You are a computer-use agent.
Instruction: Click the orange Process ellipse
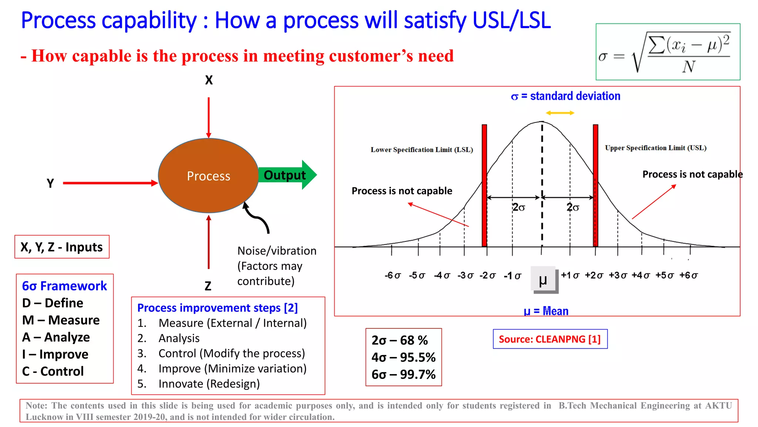click(x=208, y=175)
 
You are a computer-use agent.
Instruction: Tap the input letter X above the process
click(x=209, y=80)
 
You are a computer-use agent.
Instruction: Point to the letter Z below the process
click(x=208, y=286)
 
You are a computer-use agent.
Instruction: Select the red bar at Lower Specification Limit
click(x=484, y=185)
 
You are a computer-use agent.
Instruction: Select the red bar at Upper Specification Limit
click(x=596, y=185)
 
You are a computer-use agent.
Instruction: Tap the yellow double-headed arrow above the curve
click(x=560, y=113)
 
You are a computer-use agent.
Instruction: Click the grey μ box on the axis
click(x=544, y=279)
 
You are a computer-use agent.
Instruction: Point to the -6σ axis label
click(x=392, y=275)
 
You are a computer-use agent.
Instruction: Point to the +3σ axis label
click(x=618, y=275)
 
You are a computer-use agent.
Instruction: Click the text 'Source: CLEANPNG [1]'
click(x=550, y=339)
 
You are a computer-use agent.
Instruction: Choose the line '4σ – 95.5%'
click(x=403, y=357)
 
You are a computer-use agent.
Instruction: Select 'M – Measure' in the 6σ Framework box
click(x=61, y=320)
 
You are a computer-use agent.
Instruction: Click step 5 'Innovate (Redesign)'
click(x=209, y=384)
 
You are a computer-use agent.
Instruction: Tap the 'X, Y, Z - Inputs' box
click(x=62, y=247)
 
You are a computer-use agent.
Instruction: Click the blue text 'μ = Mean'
click(x=546, y=311)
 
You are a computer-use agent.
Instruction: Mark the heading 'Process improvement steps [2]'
click(x=217, y=308)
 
